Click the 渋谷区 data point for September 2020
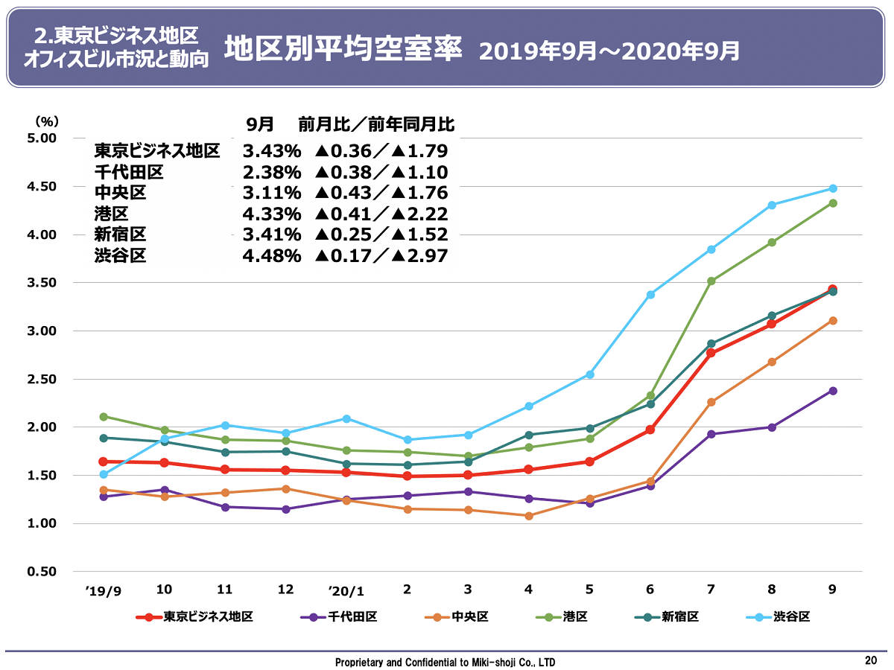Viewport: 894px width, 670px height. [x=833, y=188]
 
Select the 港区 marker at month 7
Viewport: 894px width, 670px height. [x=711, y=281]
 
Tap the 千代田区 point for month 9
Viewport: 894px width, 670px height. [x=833, y=391]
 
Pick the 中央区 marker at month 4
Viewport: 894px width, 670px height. [x=529, y=516]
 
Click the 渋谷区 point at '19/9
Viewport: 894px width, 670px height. [x=104, y=474]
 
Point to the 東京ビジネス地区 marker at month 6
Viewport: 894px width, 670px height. [x=650, y=430]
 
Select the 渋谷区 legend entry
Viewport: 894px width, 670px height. [x=780, y=617]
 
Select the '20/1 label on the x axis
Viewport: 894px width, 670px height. [x=346, y=590]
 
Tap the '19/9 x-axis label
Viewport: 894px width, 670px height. [x=103, y=590]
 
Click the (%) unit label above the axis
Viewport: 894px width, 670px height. [x=46, y=121]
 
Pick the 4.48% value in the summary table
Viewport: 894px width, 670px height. [x=272, y=256]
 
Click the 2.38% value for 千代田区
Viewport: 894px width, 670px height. [x=272, y=173]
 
